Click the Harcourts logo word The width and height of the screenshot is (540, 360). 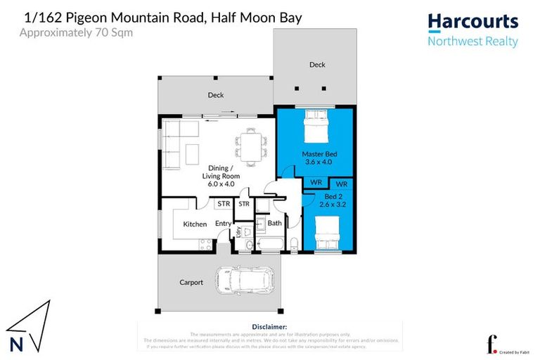click(472, 22)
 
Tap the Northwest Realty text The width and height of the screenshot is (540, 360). click(472, 41)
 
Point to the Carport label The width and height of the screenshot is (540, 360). click(191, 283)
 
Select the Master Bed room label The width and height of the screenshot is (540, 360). click(316, 154)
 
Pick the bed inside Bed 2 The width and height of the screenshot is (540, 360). click(328, 233)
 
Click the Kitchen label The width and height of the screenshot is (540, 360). click(195, 224)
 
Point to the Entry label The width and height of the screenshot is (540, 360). click(224, 224)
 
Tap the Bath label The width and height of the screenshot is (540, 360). click(274, 224)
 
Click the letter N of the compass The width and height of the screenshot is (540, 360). click(16, 345)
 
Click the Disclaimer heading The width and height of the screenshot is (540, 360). click(269, 327)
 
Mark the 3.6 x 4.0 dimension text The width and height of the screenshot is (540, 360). click(316, 162)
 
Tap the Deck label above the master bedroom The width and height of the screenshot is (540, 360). click(317, 65)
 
